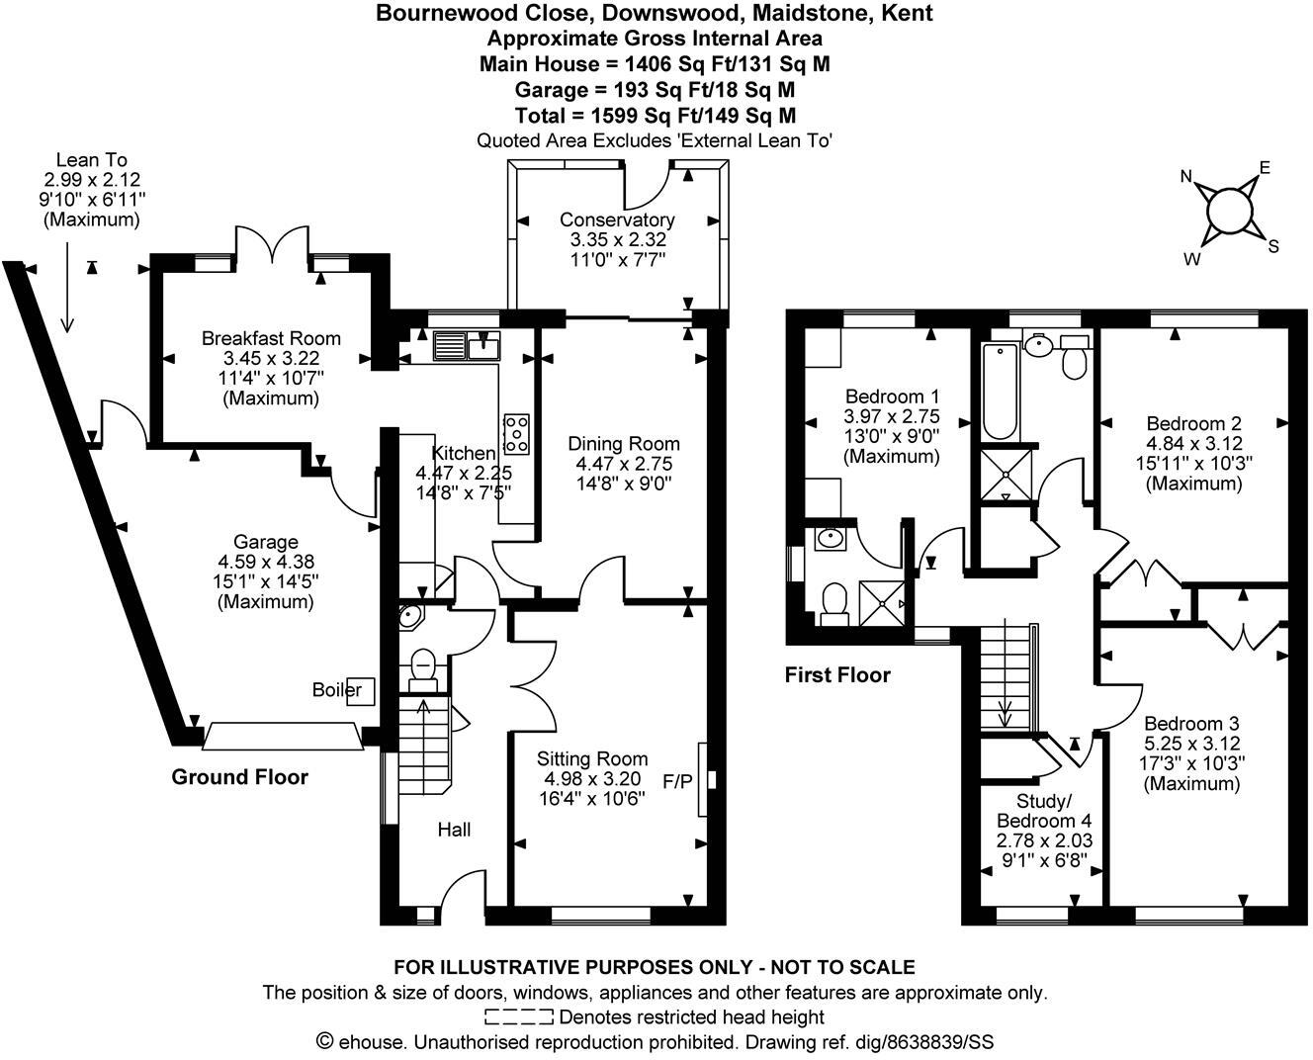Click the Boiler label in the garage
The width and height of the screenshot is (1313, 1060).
point(337,689)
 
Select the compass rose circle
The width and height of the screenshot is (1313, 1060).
point(1229,211)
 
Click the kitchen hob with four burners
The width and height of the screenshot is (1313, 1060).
point(517,432)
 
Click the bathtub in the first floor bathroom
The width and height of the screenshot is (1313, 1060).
point(1000,393)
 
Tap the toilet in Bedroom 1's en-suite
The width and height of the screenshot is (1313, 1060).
point(833,602)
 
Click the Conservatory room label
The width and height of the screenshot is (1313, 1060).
point(617,220)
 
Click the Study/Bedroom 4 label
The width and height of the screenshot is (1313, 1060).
point(1043,810)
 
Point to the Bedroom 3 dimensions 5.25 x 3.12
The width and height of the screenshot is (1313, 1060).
point(1191,743)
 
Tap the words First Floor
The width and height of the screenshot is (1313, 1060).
point(837,675)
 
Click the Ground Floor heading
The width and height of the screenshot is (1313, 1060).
point(239,777)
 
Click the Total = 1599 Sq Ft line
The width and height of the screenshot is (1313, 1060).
point(655,115)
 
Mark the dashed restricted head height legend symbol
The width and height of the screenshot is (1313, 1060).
point(519,1016)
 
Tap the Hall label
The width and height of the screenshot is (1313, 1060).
point(454,830)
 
